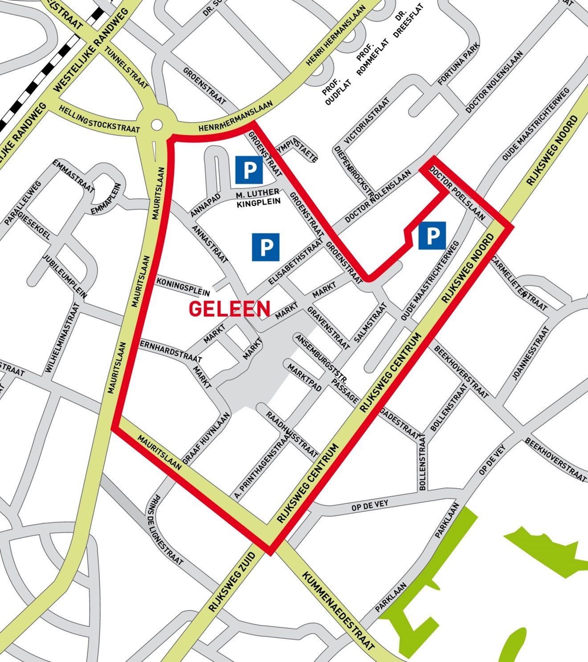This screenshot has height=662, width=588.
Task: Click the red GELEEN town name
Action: [x=229, y=308]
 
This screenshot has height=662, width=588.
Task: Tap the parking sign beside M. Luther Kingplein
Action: [x=249, y=170]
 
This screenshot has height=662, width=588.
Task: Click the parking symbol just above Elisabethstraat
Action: [x=265, y=247]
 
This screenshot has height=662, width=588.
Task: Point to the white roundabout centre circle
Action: [x=157, y=125]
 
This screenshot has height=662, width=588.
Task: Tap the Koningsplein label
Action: [x=183, y=287]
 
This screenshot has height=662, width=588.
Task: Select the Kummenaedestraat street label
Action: [x=339, y=611]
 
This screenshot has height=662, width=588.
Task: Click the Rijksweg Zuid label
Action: [x=232, y=582]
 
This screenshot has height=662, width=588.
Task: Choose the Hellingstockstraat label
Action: [x=99, y=119]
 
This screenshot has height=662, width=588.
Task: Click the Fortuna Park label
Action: [x=458, y=64]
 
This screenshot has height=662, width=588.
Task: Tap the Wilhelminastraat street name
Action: [x=63, y=337]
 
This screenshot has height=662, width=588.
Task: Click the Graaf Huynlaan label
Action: [x=206, y=438]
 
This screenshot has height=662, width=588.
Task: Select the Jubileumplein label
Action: [x=65, y=276]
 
